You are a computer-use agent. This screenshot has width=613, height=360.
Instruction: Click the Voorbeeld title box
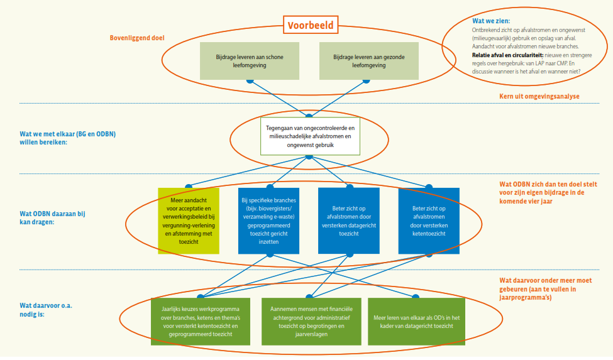click(310, 25)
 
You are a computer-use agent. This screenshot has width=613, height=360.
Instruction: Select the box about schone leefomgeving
click(250, 61)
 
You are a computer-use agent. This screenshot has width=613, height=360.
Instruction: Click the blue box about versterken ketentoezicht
click(429, 220)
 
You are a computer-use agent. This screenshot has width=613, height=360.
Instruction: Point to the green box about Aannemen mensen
click(311, 321)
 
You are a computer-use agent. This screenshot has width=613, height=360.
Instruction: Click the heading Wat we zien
click(491, 21)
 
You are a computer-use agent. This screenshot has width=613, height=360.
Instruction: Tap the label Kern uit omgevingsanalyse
click(539, 96)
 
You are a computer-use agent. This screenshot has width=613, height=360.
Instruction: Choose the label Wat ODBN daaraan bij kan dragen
click(52, 218)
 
